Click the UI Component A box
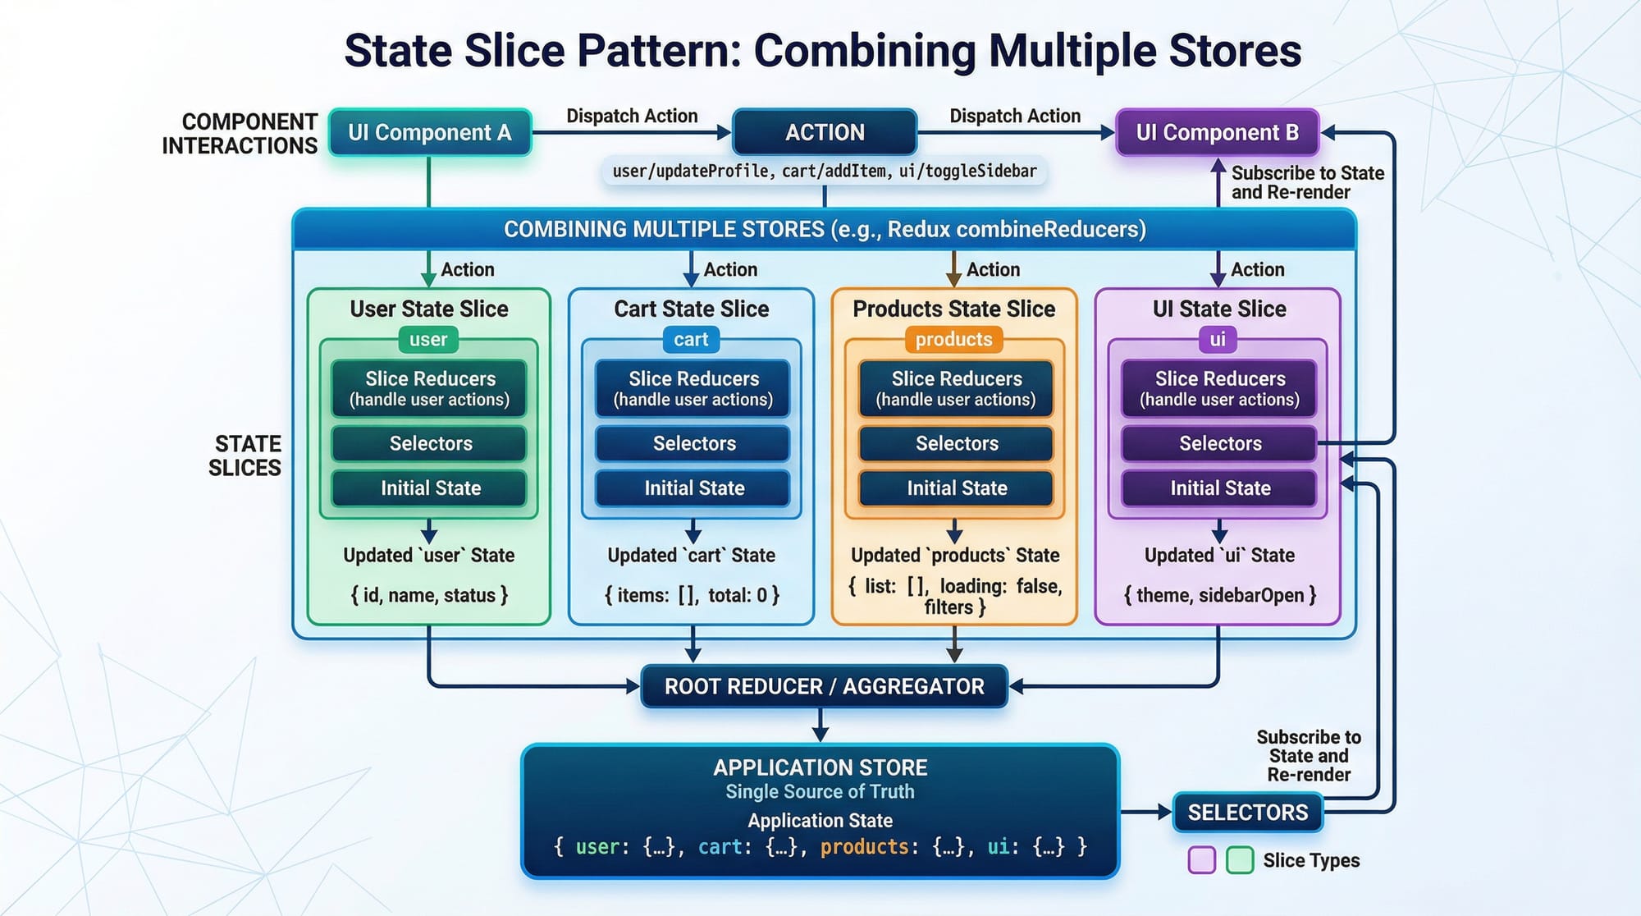pyautogui.click(x=429, y=132)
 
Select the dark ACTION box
pyautogui.click(x=825, y=132)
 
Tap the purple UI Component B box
pyautogui.click(x=1217, y=132)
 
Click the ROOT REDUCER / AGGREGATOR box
pyautogui.click(x=824, y=686)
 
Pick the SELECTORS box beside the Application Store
pyautogui.click(x=1247, y=813)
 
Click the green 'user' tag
pyautogui.click(x=428, y=339)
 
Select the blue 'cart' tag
pyautogui.click(x=691, y=339)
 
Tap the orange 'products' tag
pyautogui.click(x=953, y=339)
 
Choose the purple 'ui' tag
pyautogui.click(x=1218, y=339)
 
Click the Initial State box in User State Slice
pyautogui.click(x=430, y=488)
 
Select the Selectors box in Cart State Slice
pyautogui.click(x=693, y=444)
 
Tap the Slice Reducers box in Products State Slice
pyautogui.click(x=957, y=388)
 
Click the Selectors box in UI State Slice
pyautogui.click(x=1219, y=444)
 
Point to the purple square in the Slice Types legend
pyautogui.click(x=1202, y=860)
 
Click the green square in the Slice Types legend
pyautogui.click(x=1239, y=860)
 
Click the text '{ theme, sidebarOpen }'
pyautogui.click(x=1219, y=595)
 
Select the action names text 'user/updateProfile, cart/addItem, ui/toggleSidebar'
pyautogui.click(x=825, y=172)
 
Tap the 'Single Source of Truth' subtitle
pyautogui.click(x=820, y=792)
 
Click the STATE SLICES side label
pyautogui.click(x=245, y=456)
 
